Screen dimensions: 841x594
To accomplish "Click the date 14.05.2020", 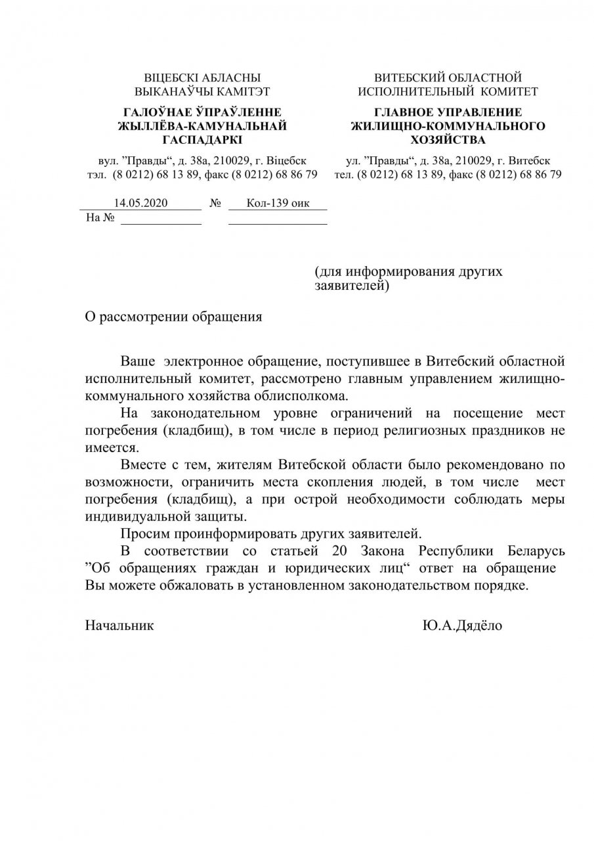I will pyautogui.click(x=140, y=203).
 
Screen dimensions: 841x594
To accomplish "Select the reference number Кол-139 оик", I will pyautogui.click(x=278, y=203).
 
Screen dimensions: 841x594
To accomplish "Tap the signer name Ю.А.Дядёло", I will pyautogui.click(x=462, y=625).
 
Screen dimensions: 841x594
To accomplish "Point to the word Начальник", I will pyautogui.click(x=119, y=625).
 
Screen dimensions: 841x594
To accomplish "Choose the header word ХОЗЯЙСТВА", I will pyautogui.click(x=448, y=140).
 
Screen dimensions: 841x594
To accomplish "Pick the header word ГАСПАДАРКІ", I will pyautogui.click(x=202, y=140).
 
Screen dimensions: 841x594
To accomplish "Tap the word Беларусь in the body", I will pyautogui.click(x=536, y=550).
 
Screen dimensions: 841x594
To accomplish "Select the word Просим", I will pyautogui.click(x=143, y=533).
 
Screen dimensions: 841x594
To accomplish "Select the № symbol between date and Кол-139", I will pyautogui.click(x=215, y=204).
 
